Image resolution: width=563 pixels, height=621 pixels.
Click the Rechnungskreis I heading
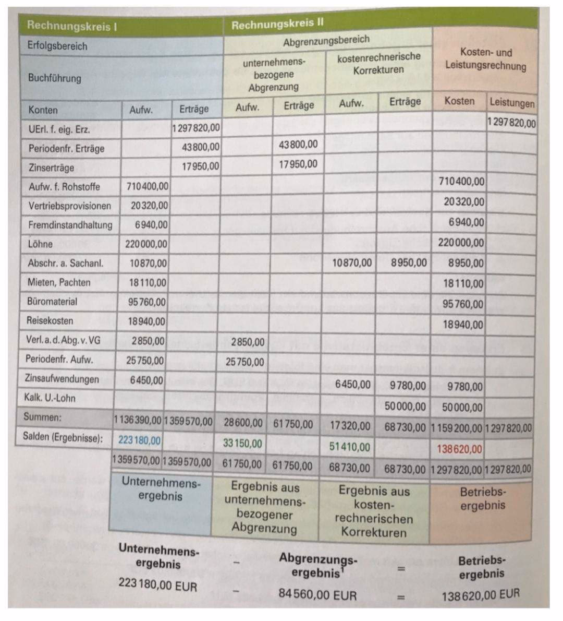(x=72, y=25)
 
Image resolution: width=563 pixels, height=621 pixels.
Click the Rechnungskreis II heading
(x=277, y=25)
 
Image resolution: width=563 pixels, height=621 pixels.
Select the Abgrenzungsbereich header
(x=326, y=41)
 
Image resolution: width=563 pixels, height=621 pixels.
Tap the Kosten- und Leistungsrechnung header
(x=485, y=59)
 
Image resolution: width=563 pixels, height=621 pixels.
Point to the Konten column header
(x=43, y=110)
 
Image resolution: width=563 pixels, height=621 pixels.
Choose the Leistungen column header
(x=512, y=102)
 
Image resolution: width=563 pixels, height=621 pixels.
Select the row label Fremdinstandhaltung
(x=70, y=225)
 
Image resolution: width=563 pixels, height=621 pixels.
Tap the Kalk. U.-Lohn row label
(x=50, y=398)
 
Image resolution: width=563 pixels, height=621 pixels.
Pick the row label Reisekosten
(x=50, y=320)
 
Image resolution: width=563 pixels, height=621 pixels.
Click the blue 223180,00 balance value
(x=140, y=440)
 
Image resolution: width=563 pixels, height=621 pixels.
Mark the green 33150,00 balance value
(x=242, y=444)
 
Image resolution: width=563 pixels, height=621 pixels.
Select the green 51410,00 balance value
(x=349, y=447)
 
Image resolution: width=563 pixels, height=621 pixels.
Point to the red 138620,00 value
(x=459, y=449)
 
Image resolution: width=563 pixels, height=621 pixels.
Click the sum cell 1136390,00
(x=138, y=420)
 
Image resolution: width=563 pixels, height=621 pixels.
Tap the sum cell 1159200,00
(x=457, y=428)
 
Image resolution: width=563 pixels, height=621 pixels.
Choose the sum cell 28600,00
(x=243, y=423)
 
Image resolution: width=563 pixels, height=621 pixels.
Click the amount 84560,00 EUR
(x=317, y=594)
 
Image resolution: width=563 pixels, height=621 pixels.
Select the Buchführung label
(x=55, y=78)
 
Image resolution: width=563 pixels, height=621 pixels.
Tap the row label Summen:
(x=42, y=417)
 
